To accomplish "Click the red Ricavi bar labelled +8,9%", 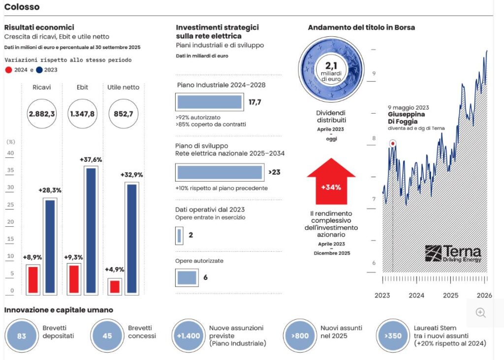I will (x=33, y=279).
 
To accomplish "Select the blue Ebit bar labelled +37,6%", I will (x=91, y=230).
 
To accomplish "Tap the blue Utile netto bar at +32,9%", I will (x=131, y=239).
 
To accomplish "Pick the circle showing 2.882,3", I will (x=42, y=114).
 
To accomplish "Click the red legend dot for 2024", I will (x=8, y=70).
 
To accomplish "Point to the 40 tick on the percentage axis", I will (x=10, y=153).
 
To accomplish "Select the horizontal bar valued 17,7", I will (x=210, y=102).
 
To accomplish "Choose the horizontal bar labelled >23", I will (x=220, y=172).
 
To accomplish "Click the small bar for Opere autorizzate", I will (x=187, y=277).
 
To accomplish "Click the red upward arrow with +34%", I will (x=331, y=181).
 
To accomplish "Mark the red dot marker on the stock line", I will (x=393, y=144).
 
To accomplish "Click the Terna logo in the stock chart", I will (x=453, y=253).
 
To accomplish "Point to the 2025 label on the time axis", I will (x=450, y=296).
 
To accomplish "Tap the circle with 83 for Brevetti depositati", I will (x=21, y=336).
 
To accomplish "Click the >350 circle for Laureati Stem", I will (x=392, y=336).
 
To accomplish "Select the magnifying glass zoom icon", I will (x=481, y=313).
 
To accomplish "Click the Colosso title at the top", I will (x=22, y=7).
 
